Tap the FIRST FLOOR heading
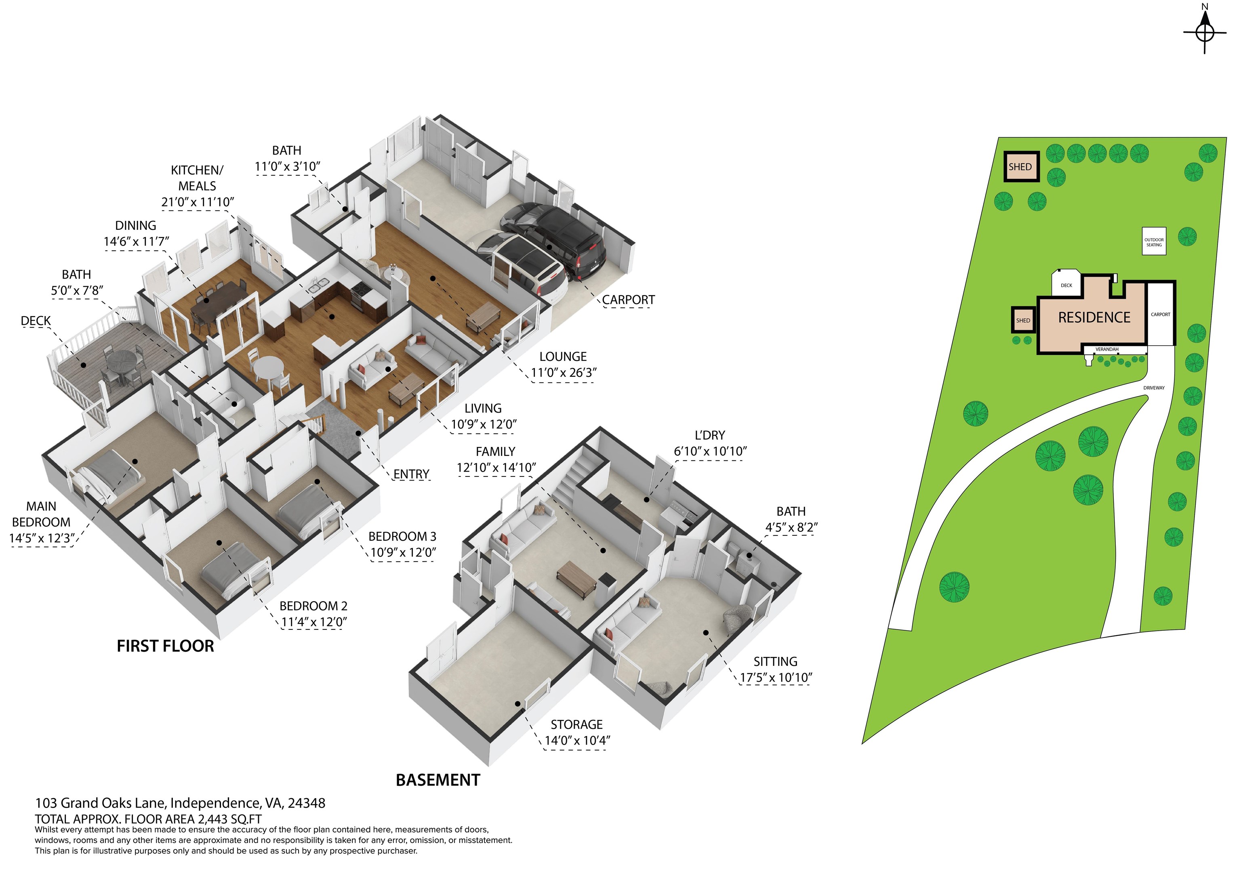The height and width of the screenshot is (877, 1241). [x=165, y=646]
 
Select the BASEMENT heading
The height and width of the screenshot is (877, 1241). [x=438, y=780]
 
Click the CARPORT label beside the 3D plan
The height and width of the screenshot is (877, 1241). [x=628, y=300]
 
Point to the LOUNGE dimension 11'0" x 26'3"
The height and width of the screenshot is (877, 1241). [x=563, y=373]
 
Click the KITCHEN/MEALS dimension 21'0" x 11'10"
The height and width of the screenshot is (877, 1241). [x=197, y=202]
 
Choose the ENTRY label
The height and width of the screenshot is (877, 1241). [x=411, y=474]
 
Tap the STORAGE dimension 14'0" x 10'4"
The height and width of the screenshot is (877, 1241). [x=577, y=741]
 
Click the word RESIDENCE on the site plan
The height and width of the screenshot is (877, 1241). [x=1094, y=318]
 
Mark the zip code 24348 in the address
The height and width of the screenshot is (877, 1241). [x=307, y=804]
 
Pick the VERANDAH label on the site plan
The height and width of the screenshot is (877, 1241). [x=1106, y=350]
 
